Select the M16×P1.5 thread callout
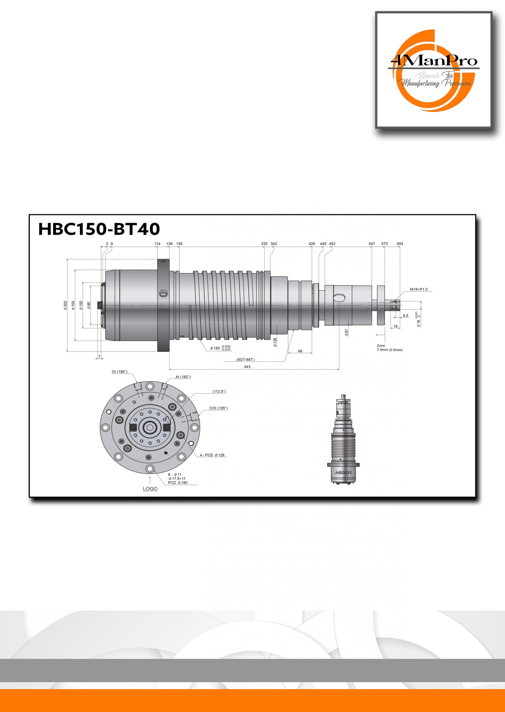click(x=419, y=290)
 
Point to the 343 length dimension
click(x=247, y=367)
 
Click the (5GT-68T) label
click(x=245, y=359)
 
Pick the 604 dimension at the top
click(x=400, y=244)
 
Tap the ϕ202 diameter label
click(x=65, y=305)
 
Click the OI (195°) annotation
click(x=120, y=372)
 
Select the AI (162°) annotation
click(x=183, y=377)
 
